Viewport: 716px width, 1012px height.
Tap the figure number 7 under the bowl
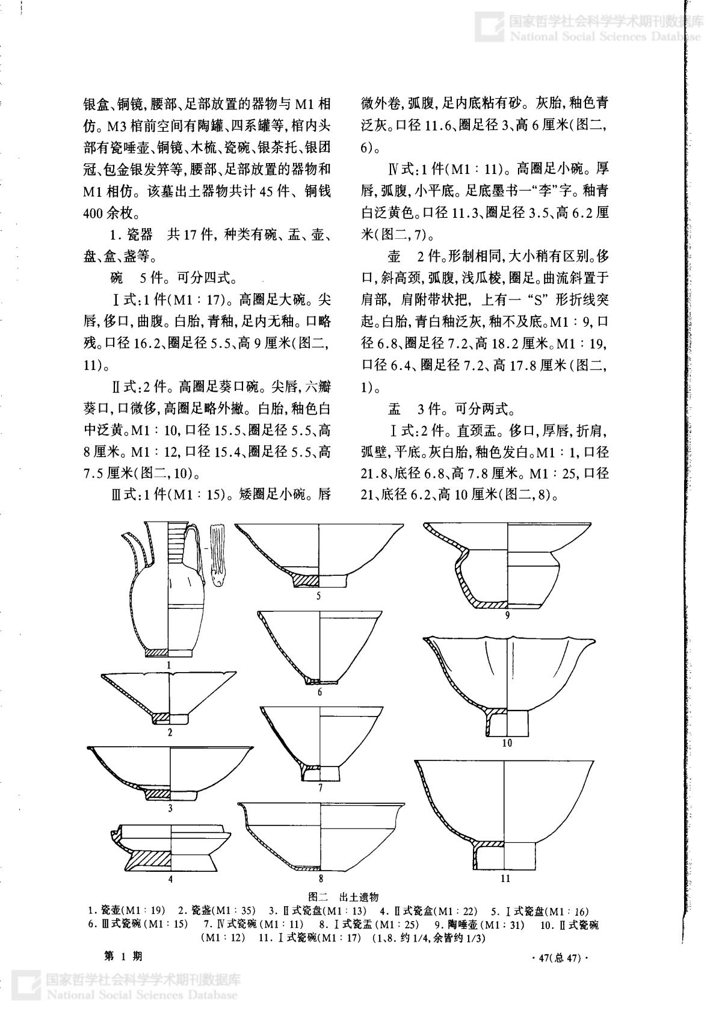[x=321, y=788]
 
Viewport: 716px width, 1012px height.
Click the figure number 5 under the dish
[x=319, y=596]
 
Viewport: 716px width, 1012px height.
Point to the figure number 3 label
[x=170, y=808]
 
